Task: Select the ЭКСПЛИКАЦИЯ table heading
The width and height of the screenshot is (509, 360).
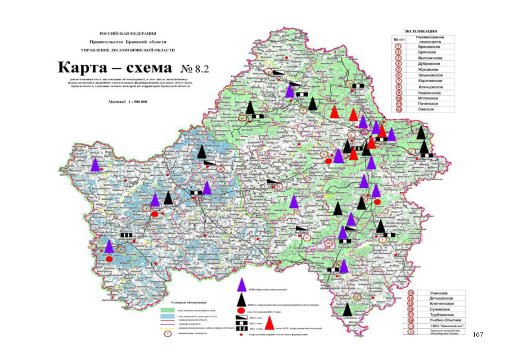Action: [x=421, y=31]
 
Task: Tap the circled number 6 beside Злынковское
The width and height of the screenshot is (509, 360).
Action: [x=398, y=74]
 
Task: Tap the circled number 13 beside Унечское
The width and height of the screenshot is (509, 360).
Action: [x=411, y=292]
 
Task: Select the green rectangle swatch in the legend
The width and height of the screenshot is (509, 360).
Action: [x=167, y=310]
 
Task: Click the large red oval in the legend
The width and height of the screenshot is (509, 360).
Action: [x=241, y=310]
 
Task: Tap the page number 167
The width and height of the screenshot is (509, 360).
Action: [x=478, y=335]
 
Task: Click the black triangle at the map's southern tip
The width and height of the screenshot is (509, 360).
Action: [x=348, y=309]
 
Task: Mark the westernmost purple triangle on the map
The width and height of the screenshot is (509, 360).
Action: [x=95, y=165]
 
